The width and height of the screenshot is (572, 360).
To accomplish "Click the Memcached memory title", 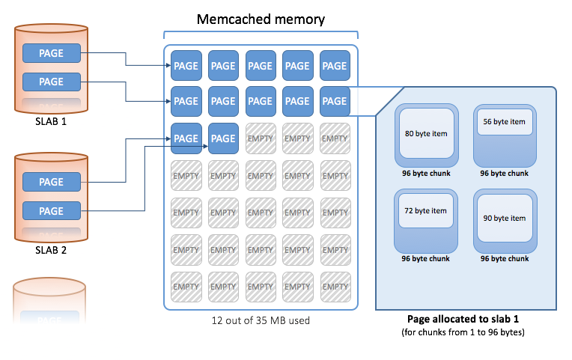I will coord(261,19).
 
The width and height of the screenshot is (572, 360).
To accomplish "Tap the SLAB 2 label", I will coord(51,250).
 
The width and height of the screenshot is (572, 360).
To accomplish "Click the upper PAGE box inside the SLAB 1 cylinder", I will coord(51,53).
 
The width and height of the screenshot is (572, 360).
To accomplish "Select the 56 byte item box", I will coord(504,121).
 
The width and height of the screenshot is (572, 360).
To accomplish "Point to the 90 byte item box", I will coord(504,218).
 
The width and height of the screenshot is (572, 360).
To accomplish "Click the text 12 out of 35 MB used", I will coord(260,321).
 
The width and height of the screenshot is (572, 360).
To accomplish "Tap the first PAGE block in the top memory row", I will coord(186,66).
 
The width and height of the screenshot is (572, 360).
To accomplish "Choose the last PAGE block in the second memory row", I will coord(334,101).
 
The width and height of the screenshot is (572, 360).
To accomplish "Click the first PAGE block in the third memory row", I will coord(186,138).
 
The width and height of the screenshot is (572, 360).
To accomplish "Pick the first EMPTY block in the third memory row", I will coord(260,138).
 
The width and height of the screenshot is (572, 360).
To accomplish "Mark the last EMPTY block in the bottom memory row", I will coord(334,286).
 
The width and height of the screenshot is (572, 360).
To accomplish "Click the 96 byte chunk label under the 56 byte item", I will coord(504,173).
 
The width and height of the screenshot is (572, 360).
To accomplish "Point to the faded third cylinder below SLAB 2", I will coord(51,299).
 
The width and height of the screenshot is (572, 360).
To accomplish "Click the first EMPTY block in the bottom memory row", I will coord(186,286).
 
